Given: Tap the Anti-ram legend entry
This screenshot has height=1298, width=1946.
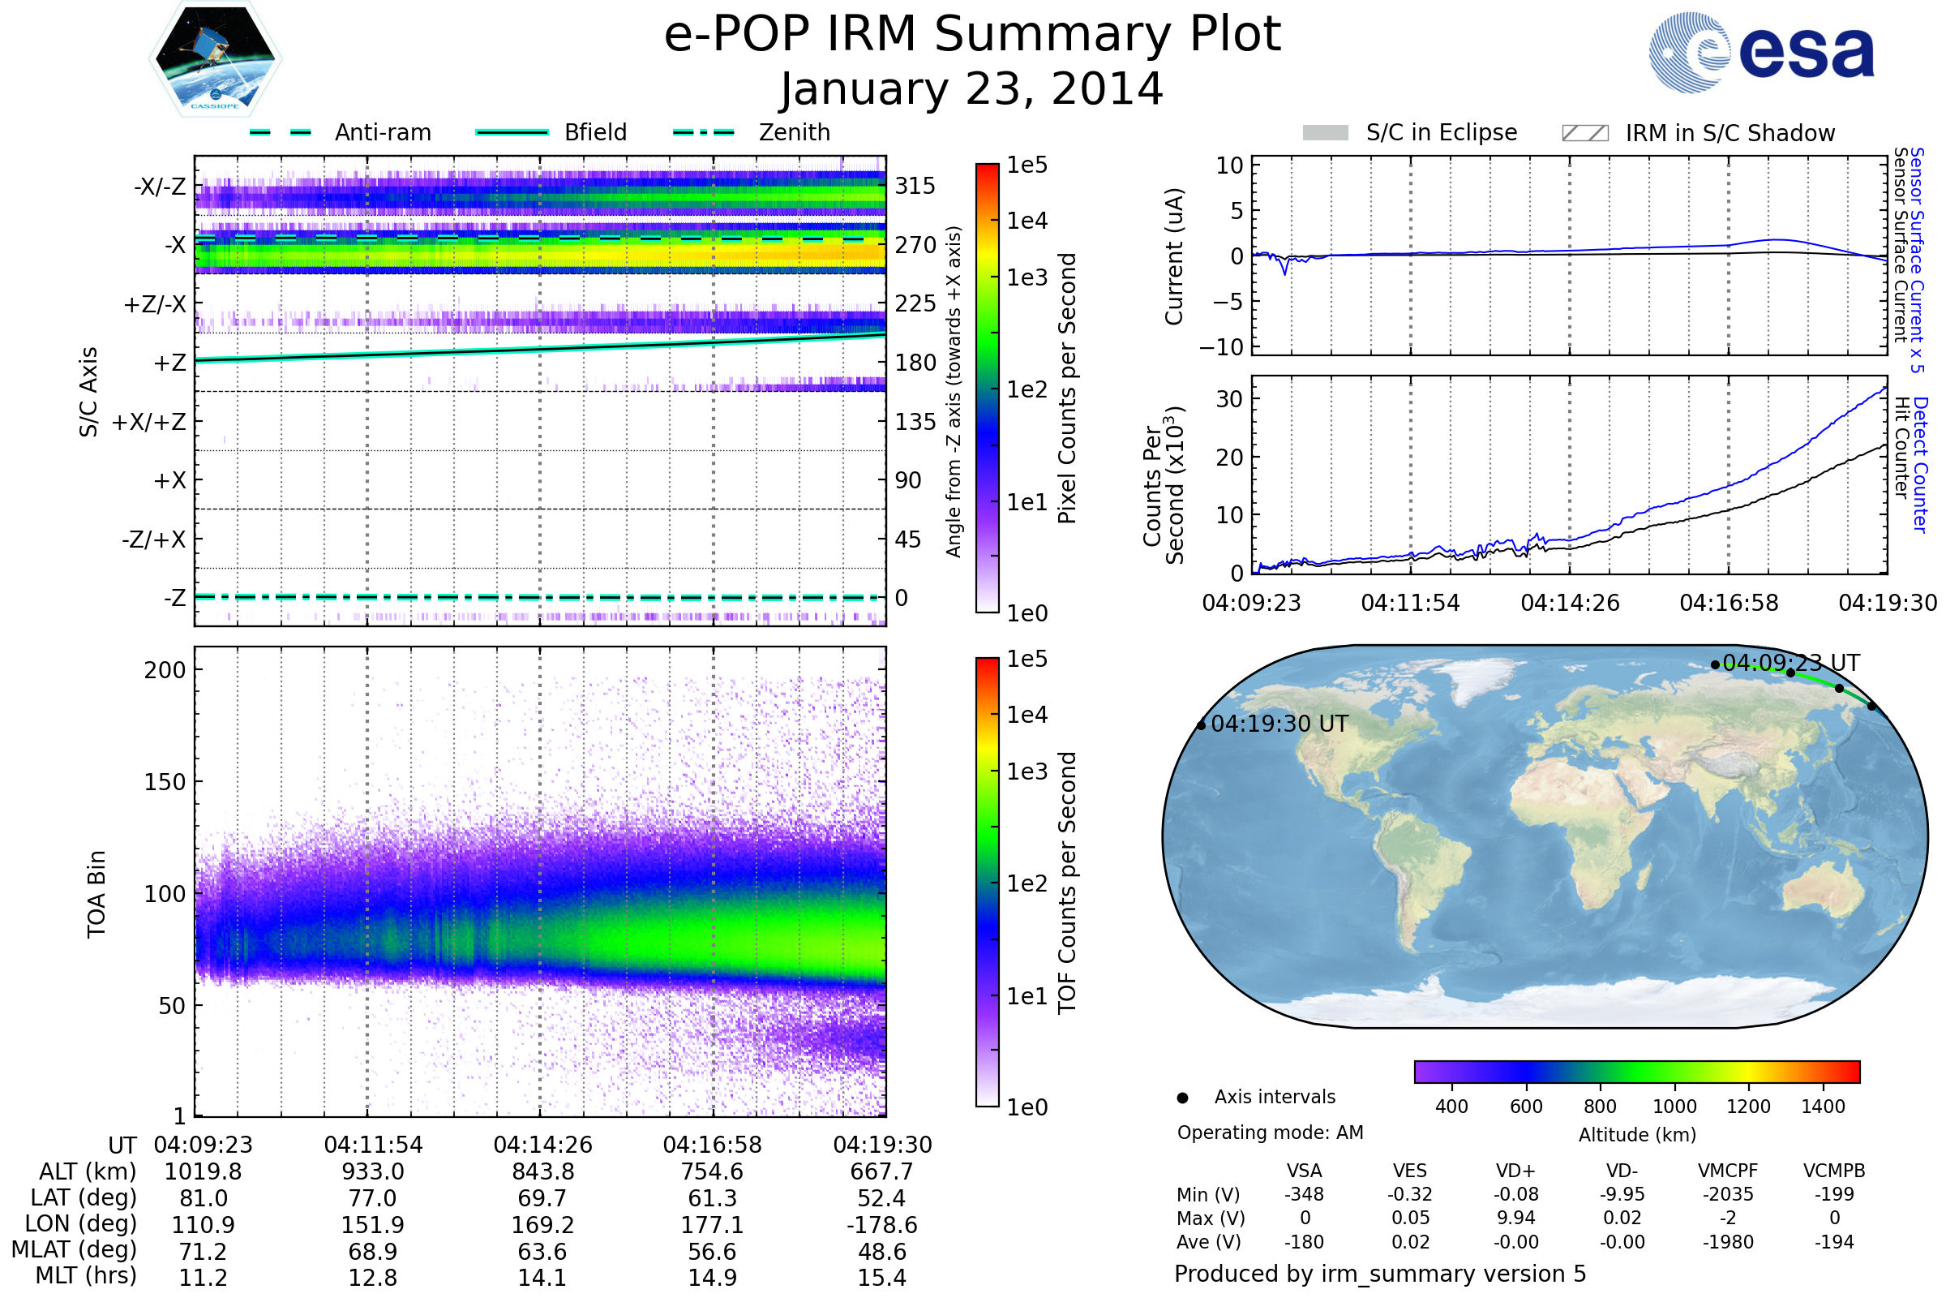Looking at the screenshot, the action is click(x=340, y=132).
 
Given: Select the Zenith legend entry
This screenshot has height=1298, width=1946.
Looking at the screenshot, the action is click(x=752, y=132).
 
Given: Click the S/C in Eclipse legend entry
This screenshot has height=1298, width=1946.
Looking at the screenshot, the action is click(x=1410, y=132).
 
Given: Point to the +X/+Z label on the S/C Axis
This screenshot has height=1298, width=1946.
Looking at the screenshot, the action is click(x=149, y=422).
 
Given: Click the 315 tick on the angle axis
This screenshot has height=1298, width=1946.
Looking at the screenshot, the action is click(x=915, y=186).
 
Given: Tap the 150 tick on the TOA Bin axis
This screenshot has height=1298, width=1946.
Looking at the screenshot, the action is click(x=165, y=782).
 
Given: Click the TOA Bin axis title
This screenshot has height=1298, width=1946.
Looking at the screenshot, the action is click(x=96, y=894).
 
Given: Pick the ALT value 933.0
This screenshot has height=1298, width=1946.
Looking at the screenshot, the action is click(x=373, y=1172).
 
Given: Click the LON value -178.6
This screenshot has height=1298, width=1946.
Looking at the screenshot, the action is click(x=882, y=1225).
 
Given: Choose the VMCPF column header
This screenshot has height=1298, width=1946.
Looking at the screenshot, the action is click(x=1728, y=1171).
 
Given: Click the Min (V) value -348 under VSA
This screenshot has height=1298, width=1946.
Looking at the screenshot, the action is click(x=1304, y=1194).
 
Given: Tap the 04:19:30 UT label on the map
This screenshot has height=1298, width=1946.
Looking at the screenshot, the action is click(x=1279, y=724).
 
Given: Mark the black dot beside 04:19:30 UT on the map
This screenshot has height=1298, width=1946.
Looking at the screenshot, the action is click(x=1202, y=726).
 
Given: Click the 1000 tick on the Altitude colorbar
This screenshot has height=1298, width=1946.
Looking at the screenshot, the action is click(x=1674, y=1107).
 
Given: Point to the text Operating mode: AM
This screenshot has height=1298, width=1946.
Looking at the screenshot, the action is click(x=1270, y=1133).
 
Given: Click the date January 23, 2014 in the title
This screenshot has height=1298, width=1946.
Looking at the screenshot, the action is click(x=972, y=89).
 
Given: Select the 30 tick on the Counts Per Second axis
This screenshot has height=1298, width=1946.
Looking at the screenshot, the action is click(x=1228, y=399).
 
